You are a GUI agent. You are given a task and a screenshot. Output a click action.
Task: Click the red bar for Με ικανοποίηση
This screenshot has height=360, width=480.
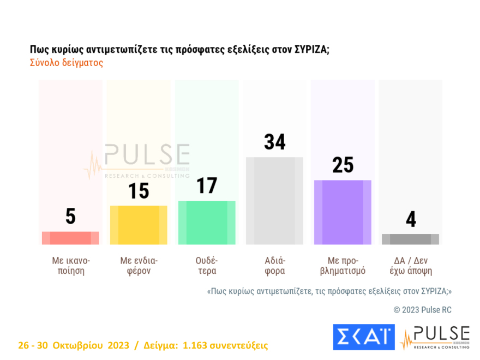[70, 238]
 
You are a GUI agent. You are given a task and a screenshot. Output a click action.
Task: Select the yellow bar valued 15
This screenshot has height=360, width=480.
[139, 225]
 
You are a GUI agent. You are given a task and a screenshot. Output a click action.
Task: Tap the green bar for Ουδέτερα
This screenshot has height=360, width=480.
[207, 223]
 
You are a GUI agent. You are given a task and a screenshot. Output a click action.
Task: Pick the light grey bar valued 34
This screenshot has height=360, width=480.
[274, 201]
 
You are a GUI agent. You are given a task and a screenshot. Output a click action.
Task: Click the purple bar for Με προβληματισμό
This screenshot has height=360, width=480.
[343, 212]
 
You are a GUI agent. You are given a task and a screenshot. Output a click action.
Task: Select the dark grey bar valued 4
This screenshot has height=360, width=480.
[410, 239]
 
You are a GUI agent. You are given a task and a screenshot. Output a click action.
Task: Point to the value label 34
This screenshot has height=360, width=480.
[274, 142]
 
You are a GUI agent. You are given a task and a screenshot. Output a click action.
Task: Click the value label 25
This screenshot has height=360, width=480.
[343, 165]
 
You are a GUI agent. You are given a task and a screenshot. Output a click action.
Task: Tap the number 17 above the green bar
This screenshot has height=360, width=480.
[207, 186]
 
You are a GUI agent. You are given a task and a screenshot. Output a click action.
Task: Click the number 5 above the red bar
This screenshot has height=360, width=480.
[70, 217]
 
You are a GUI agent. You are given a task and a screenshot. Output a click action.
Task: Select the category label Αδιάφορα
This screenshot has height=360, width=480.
[274, 265]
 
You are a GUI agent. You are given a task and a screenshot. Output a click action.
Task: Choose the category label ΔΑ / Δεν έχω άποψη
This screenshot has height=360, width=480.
[410, 265]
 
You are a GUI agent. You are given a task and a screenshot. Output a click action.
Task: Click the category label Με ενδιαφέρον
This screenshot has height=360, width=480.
[139, 265]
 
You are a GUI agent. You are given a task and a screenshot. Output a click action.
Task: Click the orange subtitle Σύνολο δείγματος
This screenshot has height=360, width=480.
[66, 63]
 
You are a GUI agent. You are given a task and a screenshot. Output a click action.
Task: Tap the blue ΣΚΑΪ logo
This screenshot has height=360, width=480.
[363, 337]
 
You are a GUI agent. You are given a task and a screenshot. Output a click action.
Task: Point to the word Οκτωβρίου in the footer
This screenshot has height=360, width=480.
[79, 345]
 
